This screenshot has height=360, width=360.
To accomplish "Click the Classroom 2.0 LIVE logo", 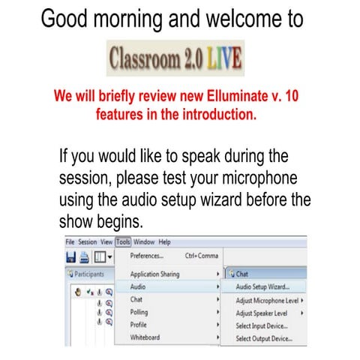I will [x=175, y=58].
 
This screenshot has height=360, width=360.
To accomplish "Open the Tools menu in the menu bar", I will [x=123, y=242].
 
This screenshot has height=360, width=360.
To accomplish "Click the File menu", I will [x=70, y=242].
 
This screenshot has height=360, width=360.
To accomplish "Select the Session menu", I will [x=88, y=242].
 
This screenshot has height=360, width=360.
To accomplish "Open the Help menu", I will [x=164, y=242].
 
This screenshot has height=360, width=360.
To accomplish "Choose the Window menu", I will [x=145, y=242].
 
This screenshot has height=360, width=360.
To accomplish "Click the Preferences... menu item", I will [x=147, y=257].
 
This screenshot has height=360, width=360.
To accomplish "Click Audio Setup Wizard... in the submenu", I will [x=262, y=287].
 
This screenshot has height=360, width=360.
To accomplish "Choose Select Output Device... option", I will [x=264, y=338].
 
